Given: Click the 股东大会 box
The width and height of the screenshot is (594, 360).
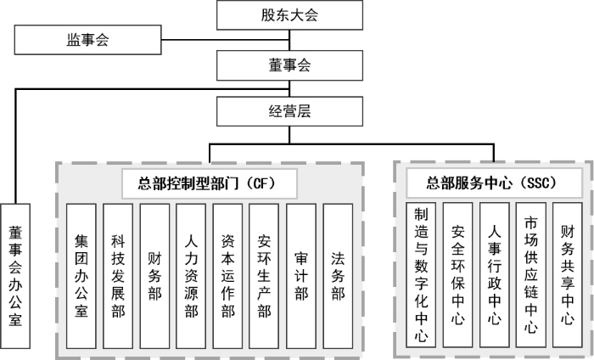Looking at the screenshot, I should (x=289, y=14).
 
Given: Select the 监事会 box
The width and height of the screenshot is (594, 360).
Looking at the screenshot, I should (x=88, y=38).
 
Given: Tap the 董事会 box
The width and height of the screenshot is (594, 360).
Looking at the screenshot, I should (x=289, y=64).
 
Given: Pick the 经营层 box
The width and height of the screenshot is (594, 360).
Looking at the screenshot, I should (x=289, y=110).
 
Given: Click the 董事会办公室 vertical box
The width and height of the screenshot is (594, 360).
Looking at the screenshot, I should (x=16, y=276).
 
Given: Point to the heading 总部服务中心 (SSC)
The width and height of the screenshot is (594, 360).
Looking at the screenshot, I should (x=493, y=181).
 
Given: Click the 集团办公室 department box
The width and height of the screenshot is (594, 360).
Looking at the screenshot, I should (x=81, y=276).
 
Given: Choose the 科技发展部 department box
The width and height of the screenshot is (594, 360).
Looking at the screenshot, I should (x=118, y=276).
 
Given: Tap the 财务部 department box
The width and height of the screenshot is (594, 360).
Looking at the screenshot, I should (x=154, y=276).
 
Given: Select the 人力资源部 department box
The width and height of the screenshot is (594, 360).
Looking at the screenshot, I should (x=192, y=276).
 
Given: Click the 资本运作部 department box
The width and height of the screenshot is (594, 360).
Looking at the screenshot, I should (x=227, y=276).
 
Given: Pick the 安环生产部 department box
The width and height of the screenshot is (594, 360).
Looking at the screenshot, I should (x=264, y=276).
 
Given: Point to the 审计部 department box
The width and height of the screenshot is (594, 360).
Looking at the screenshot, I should (x=301, y=276).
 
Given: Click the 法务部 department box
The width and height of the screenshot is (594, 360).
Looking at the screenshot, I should (x=338, y=276).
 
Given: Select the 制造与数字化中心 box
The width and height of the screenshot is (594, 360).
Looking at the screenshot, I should (x=421, y=274).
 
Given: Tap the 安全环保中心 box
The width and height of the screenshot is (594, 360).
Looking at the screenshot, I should (x=457, y=274).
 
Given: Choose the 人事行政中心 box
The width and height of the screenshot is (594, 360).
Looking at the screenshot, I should (x=494, y=274).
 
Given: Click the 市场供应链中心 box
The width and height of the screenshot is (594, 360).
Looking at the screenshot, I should (x=531, y=274).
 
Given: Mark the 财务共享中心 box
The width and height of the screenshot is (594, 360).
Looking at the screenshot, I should (x=568, y=274).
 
